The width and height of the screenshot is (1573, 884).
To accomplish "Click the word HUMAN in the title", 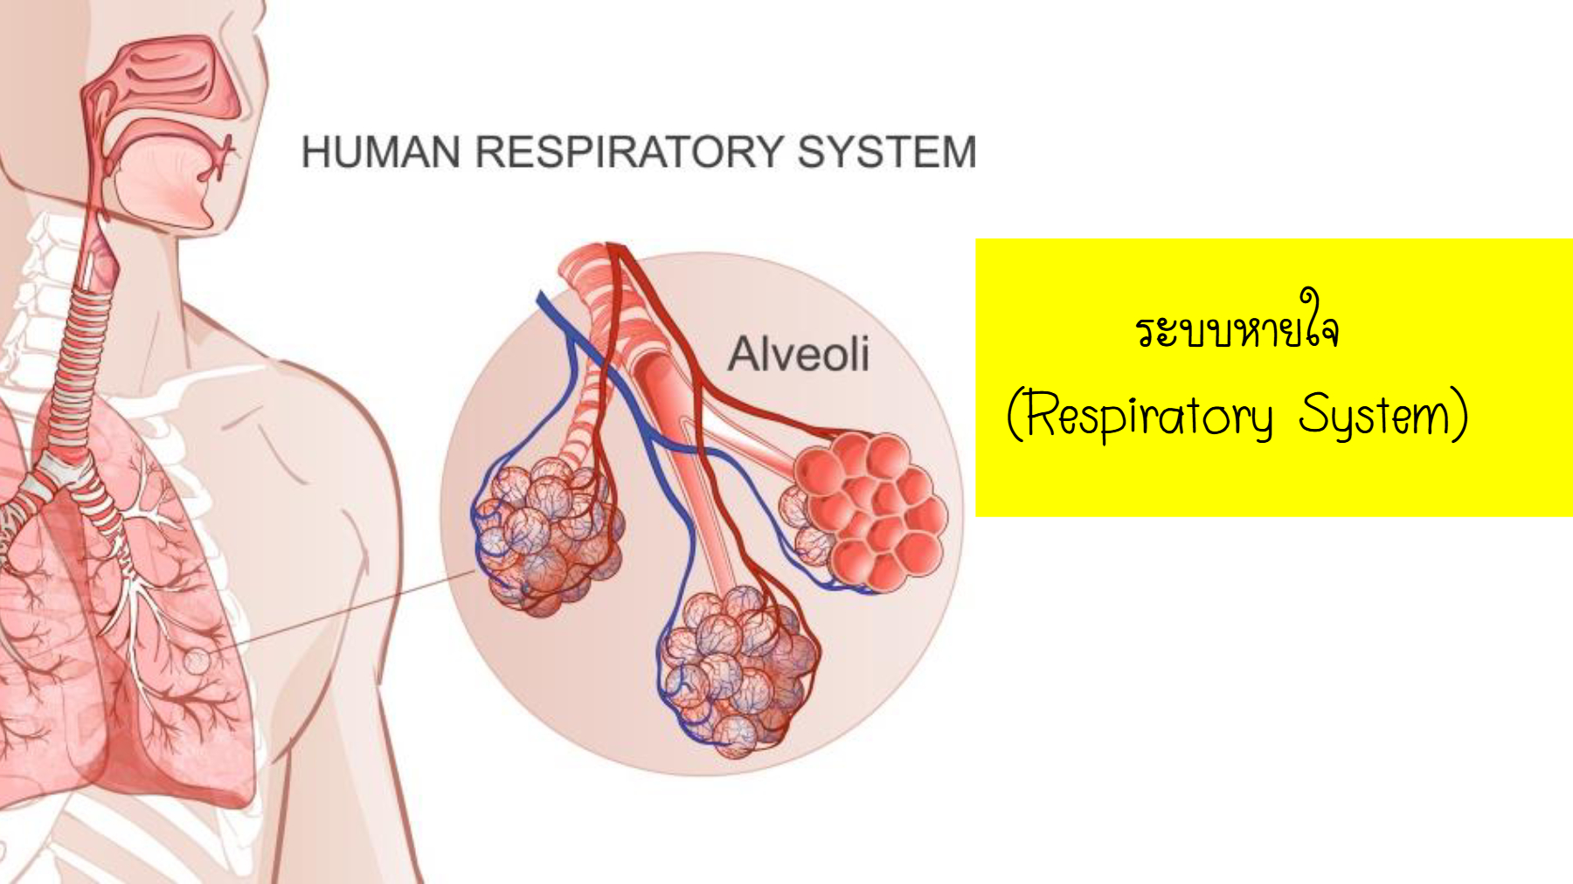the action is coord(381,151).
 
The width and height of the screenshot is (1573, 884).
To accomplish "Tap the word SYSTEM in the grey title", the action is coord(887,151).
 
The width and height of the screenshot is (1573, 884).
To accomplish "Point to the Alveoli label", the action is coord(799,354).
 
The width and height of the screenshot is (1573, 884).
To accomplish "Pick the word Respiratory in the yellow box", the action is coord(1149,416).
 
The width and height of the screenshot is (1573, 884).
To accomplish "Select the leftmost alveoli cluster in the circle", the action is coord(547,536).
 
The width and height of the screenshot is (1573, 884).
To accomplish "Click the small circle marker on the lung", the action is coord(197,661).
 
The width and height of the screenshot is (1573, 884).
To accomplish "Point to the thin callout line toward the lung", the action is coord(341,612).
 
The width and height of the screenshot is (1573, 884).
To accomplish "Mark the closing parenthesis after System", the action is coord(1459,415).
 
